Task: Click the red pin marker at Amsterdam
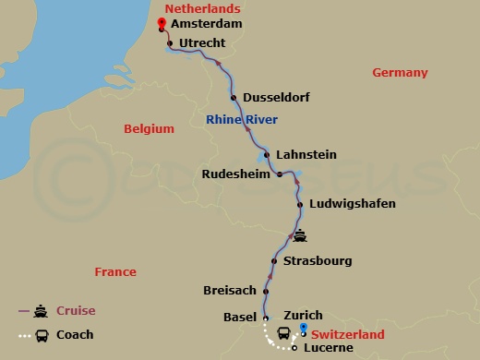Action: (162, 23)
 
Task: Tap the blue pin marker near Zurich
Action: (304, 329)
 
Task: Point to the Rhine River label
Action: (242, 119)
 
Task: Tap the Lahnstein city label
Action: (307, 154)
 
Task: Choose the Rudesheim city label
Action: (236, 174)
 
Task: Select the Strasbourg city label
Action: (318, 261)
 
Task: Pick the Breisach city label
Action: (229, 291)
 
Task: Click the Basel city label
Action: (240, 317)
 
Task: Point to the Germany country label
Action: (400, 73)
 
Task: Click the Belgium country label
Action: (149, 129)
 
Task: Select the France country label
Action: (115, 271)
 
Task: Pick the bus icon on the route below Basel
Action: (282, 332)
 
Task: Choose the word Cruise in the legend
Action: (76, 311)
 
